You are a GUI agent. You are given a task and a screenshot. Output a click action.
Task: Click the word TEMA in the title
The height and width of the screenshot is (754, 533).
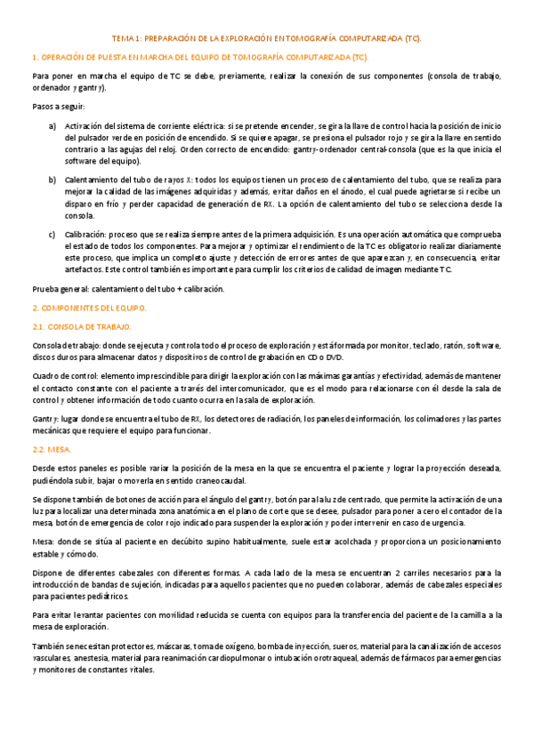[122, 40]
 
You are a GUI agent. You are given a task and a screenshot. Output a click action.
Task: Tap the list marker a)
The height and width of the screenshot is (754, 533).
[53, 126]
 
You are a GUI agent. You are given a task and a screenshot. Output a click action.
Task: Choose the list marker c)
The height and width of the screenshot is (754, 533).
[53, 234]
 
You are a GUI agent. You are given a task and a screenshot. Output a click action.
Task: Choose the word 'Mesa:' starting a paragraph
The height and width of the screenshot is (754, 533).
[43, 541]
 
